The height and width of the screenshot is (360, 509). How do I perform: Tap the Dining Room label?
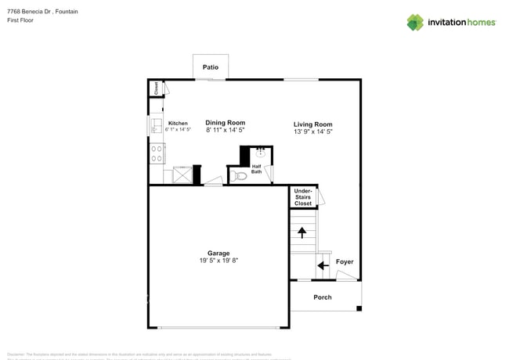coord(226,123)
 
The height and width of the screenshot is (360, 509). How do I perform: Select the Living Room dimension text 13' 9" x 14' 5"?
coord(313,133)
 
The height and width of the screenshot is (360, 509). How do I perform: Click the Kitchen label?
coord(178,124)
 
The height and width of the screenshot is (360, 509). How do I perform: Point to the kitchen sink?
coord(155,125)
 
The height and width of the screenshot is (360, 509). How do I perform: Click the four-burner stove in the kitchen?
coord(156,153)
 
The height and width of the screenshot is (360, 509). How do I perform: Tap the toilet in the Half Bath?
coord(240,176)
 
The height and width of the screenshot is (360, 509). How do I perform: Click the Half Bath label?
coord(257,168)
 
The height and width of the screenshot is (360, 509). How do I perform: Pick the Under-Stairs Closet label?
coord(303,197)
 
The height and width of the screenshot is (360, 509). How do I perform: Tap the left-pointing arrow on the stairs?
coord(323,265)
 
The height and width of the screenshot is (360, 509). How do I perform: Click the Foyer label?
coord(345,262)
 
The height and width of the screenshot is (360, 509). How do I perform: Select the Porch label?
coord(323,297)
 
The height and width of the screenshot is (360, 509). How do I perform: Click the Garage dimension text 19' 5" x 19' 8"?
coord(218,261)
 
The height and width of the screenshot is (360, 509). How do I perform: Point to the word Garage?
coord(218,253)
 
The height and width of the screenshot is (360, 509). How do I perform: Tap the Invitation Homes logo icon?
coord(415,22)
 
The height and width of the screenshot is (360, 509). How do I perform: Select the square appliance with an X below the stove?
coord(182,175)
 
